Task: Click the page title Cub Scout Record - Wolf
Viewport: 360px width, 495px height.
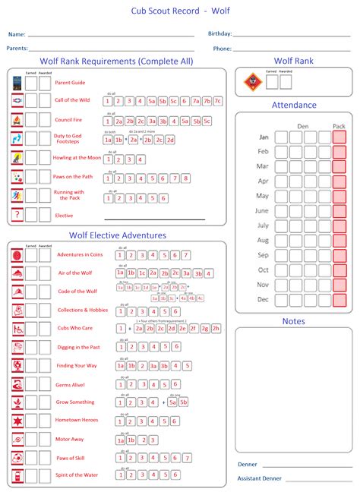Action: click(x=180, y=11)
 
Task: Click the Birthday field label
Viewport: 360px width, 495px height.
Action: click(x=219, y=34)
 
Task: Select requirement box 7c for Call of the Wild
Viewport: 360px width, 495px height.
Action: click(x=218, y=101)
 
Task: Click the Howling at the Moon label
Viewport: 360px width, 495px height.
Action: click(x=77, y=158)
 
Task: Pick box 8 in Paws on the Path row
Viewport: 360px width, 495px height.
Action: click(x=186, y=178)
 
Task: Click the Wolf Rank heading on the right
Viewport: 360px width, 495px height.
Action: click(x=294, y=61)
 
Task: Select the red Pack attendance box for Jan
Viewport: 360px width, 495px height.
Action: click(x=339, y=137)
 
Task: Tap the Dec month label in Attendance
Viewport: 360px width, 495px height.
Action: click(x=263, y=299)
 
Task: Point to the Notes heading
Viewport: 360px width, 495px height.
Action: click(x=294, y=321)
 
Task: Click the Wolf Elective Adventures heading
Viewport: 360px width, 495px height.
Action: click(x=118, y=235)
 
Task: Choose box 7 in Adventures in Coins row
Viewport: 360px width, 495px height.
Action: click(x=186, y=255)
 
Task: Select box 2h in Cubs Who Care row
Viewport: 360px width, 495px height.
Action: click(x=216, y=329)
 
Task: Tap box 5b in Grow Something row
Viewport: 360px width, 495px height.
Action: click(x=183, y=402)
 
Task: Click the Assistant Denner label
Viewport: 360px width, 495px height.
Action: click(x=259, y=478)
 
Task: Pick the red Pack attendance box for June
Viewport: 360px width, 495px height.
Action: click(x=339, y=210)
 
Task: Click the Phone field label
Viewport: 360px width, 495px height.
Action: click(x=222, y=49)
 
